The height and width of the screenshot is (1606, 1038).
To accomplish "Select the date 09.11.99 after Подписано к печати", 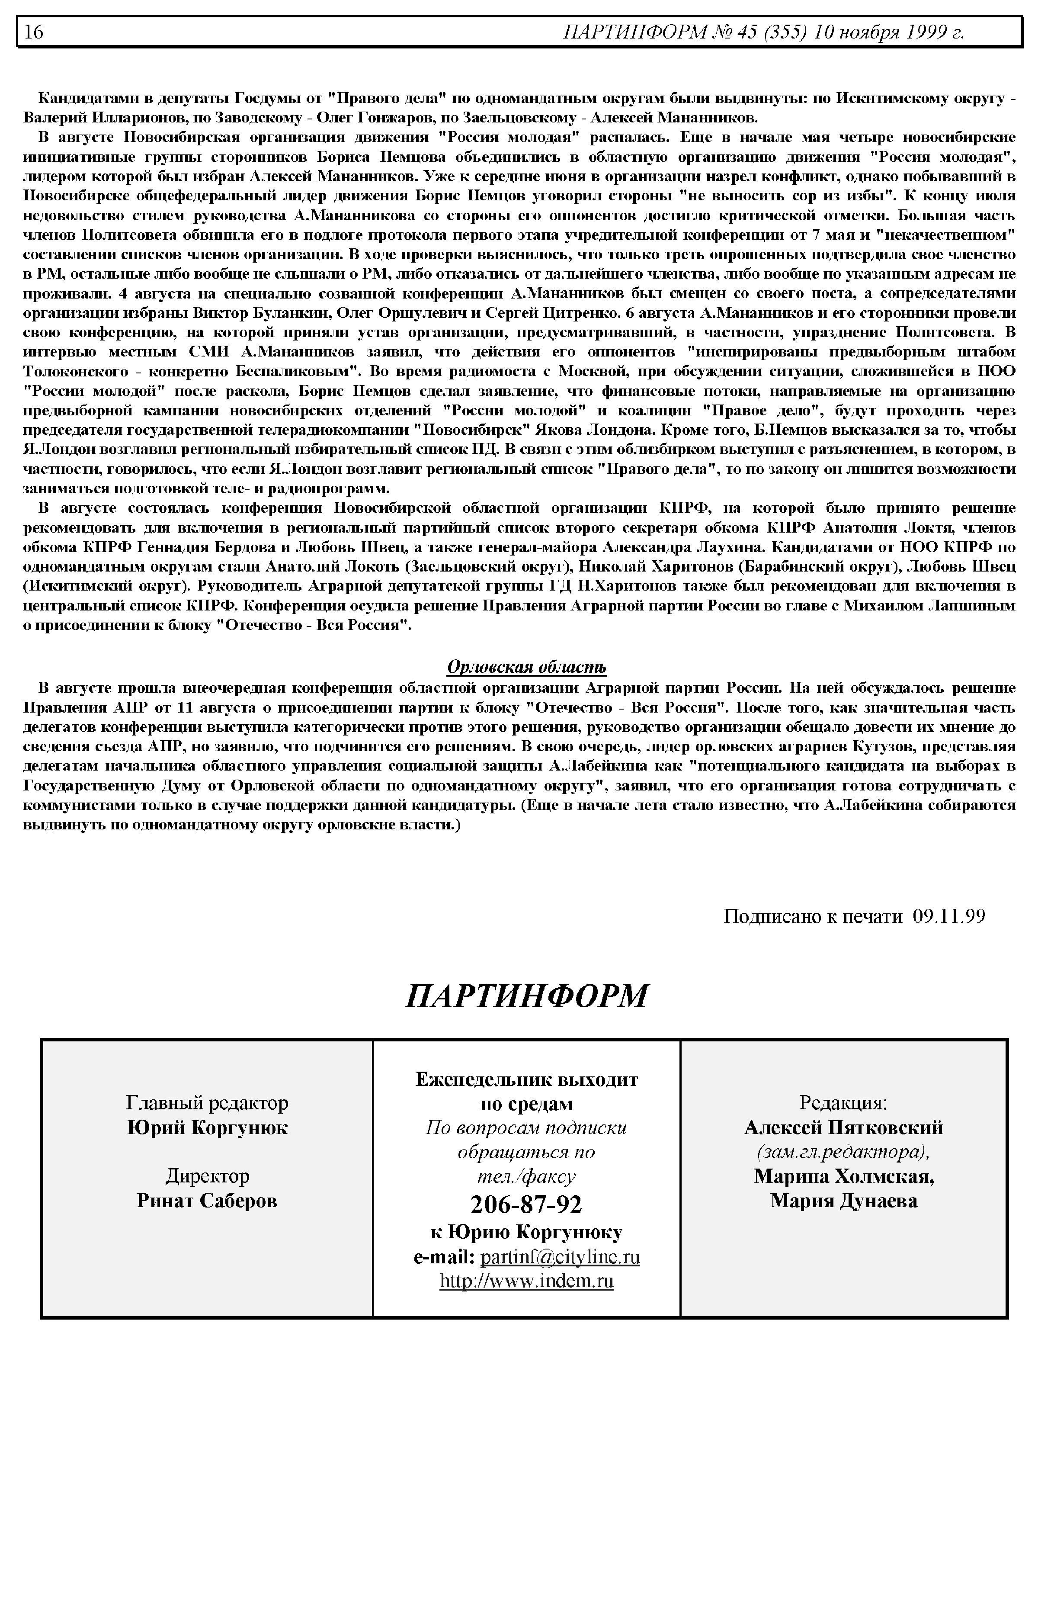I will coord(949,916).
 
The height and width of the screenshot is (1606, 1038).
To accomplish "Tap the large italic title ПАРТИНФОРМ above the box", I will coord(526,996).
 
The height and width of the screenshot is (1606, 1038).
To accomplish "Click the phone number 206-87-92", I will coord(526,1204).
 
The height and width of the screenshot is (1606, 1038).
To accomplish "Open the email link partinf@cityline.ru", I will coord(560,1257).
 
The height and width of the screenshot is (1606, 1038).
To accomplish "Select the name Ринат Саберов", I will coord(207,1201).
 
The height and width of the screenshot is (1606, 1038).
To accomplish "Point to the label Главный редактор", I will coord(207,1103).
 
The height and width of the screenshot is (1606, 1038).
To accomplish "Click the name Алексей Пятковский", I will coord(843,1127).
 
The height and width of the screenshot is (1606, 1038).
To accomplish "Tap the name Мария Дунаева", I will coord(843,1201).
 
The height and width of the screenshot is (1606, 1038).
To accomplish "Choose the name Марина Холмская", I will coord(843,1176).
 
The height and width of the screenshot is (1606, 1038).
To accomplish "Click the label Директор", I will coord(207,1176).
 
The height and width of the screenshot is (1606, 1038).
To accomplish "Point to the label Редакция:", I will coord(843,1103).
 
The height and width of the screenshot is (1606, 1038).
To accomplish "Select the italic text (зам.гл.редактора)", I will coord(843,1152).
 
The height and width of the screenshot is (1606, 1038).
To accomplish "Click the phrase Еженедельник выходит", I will coord(526,1080).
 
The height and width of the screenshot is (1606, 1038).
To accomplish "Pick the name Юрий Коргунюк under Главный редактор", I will coord(207,1127).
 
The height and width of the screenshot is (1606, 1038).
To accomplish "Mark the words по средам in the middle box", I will coord(526,1104).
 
